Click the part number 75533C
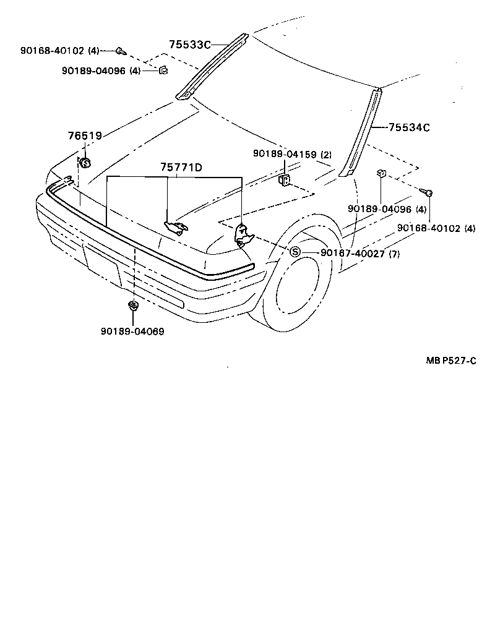(x=190, y=45)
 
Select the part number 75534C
(x=409, y=128)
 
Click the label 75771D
(x=182, y=167)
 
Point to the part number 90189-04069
(x=132, y=332)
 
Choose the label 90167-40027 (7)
(x=361, y=253)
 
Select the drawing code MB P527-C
(x=450, y=361)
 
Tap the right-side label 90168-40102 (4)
(x=436, y=228)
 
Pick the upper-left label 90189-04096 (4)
(x=101, y=71)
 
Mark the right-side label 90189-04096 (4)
(x=388, y=209)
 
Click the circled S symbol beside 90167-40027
(x=295, y=252)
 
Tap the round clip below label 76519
(x=85, y=163)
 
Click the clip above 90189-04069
(x=132, y=305)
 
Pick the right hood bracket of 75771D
(x=243, y=234)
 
